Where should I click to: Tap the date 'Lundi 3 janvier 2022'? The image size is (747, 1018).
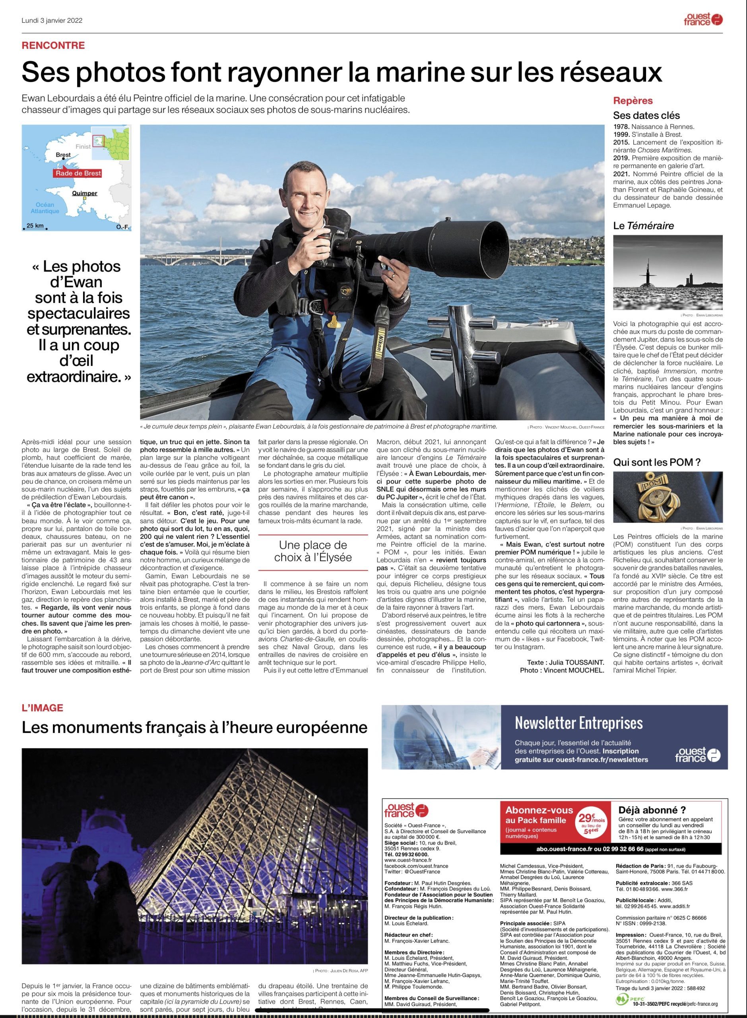pyautogui.click(x=52, y=20)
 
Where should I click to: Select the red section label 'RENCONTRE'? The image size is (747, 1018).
pyautogui.click(x=53, y=45)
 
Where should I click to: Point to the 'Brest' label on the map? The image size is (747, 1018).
pyautogui.click(x=63, y=155)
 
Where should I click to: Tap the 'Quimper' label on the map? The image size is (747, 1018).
pyautogui.click(x=85, y=194)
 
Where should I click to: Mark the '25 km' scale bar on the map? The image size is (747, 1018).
pyautogui.click(x=35, y=225)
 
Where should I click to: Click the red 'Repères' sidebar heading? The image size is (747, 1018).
pyautogui.click(x=633, y=100)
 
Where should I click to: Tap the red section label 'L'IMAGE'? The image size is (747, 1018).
pyautogui.click(x=43, y=708)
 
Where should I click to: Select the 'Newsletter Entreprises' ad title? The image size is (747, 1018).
pyautogui.click(x=578, y=723)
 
